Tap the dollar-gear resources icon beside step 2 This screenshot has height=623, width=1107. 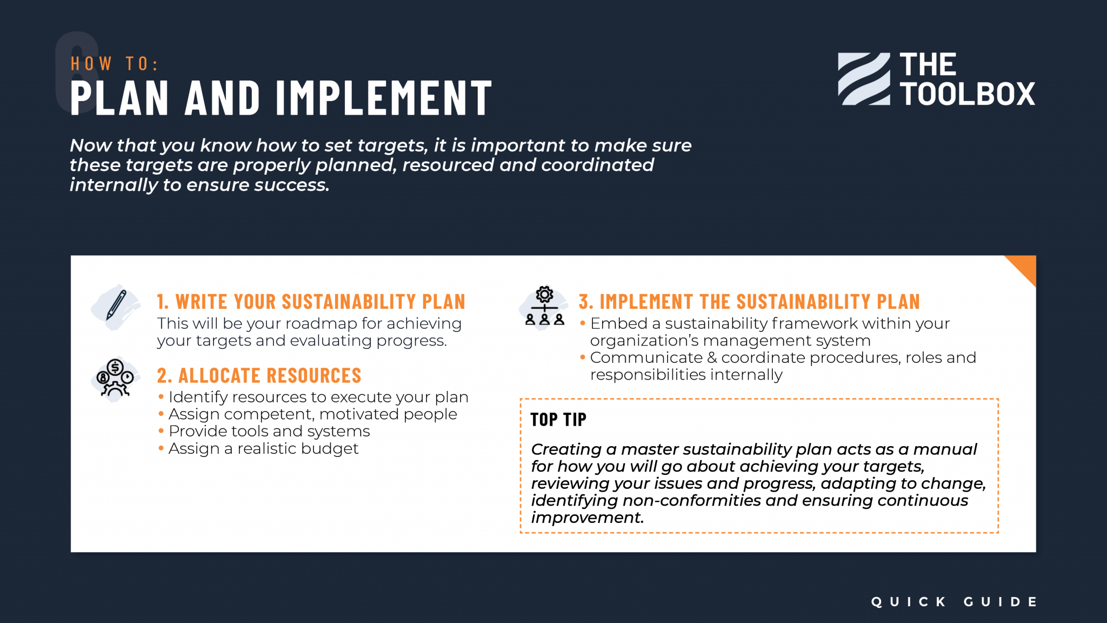click(x=115, y=379)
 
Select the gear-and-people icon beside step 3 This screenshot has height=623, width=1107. click(x=544, y=307)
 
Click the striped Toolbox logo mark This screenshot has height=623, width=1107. click(x=864, y=79)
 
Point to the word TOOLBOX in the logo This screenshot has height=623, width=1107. click(x=967, y=94)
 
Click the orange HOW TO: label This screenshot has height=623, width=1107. click(x=114, y=64)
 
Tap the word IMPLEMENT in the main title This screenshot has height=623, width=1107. click(x=384, y=98)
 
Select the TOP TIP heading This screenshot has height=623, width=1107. click(x=558, y=420)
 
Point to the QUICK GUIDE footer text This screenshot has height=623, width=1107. click(x=954, y=602)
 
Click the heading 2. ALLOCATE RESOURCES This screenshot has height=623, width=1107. click(x=259, y=375)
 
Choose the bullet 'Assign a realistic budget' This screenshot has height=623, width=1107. click(x=263, y=448)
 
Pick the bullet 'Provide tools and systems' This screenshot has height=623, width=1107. click(x=269, y=431)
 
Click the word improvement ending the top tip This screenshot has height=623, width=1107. click(x=586, y=518)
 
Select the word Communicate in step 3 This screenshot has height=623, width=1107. click(x=646, y=357)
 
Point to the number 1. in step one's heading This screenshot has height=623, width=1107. click(x=163, y=302)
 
